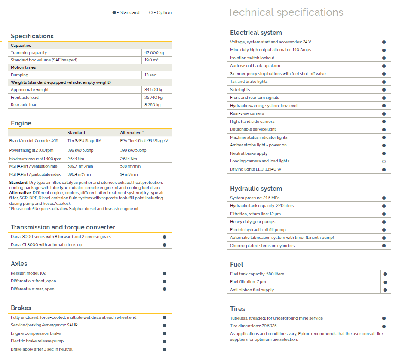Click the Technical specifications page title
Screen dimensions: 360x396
click(x=285, y=12)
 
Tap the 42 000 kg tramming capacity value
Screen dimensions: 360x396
click(x=154, y=53)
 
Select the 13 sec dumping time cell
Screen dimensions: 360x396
click(x=150, y=75)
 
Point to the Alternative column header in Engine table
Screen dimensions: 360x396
click(x=132, y=133)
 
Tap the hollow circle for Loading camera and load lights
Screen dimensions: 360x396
click(x=384, y=162)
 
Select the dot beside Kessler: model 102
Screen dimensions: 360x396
click(x=164, y=273)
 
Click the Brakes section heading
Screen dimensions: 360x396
click(x=21, y=308)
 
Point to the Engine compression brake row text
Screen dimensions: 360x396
click(x=36, y=333)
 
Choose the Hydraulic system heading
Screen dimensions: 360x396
click(x=256, y=189)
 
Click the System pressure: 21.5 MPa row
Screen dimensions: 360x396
click(x=256, y=198)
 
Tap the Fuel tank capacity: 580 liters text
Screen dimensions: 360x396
click(x=257, y=274)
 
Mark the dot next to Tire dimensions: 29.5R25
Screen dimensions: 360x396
click(x=384, y=326)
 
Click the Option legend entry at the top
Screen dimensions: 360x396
click(x=160, y=13)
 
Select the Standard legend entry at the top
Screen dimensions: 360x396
click(x=126, y=13)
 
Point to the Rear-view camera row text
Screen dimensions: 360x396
click(x=247, y=113)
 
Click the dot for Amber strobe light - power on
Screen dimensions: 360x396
click(x=384, y=146)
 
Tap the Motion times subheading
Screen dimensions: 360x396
click(x=23, y=67)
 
